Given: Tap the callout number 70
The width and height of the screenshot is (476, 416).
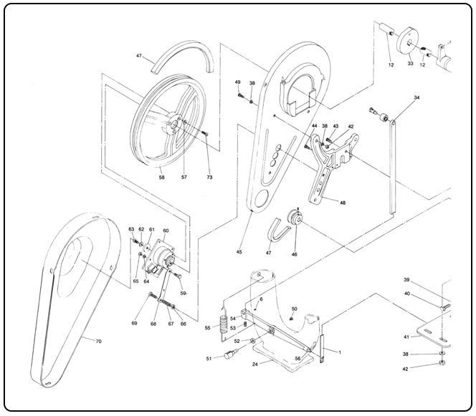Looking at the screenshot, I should pyautogui.click(x=98, y=341).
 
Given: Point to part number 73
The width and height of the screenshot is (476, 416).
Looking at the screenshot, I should pyautogui.click(x=209, y=176).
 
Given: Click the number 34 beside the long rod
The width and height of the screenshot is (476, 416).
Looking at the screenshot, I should pyautogui.click(x=416, y=97).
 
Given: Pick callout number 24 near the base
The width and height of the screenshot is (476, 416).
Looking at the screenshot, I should pyautogui.click(x=254, y=363).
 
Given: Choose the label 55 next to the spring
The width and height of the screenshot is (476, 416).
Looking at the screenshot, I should pyautogui.click(x=208, y=327).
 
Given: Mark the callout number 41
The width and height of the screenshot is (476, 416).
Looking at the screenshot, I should pyautogui.click(x=406, y=337).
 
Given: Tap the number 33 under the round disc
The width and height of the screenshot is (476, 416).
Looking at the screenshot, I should pyautogui.click(x=410, y=64).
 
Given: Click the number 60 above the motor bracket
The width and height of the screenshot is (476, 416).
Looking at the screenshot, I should pyautogui.click(x=166, y=231).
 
